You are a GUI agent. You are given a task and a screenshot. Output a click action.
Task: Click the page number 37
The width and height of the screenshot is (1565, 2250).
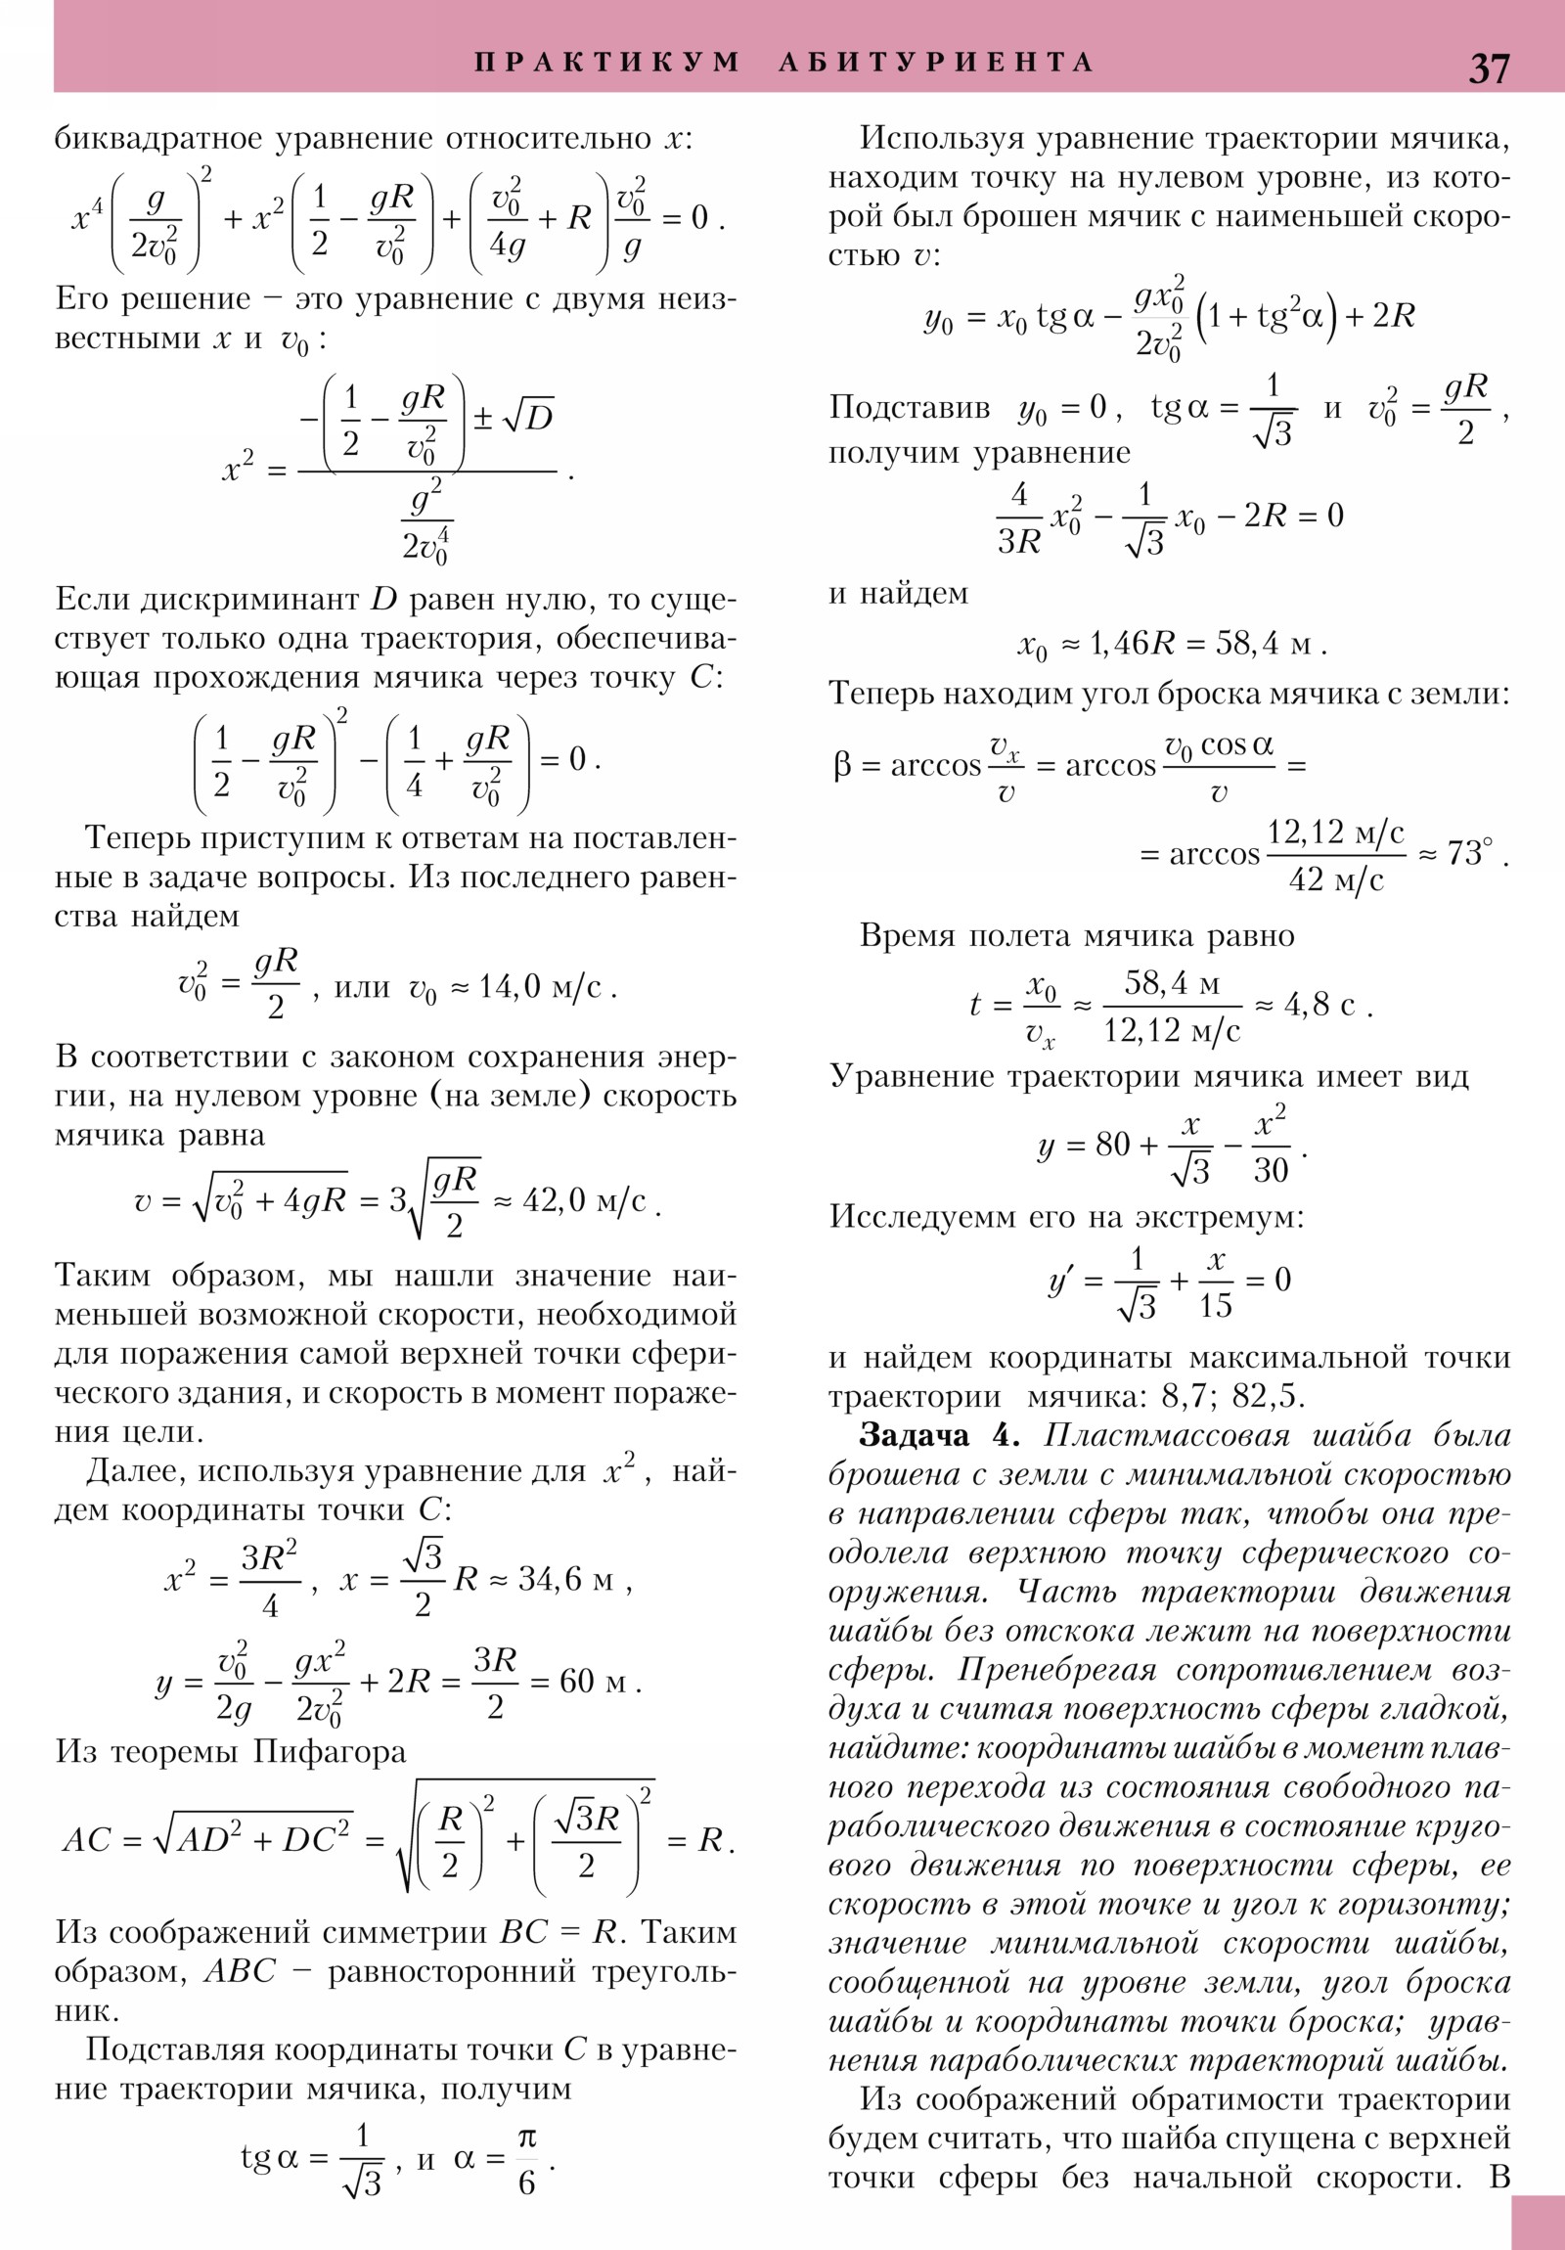1489,68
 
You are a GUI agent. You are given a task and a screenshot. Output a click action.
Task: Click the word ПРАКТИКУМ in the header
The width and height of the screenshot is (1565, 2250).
607,63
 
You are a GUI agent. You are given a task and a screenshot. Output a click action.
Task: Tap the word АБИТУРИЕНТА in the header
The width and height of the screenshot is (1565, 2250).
936,63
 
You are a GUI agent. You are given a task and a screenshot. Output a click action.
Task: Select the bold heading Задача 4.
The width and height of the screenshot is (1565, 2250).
939,1436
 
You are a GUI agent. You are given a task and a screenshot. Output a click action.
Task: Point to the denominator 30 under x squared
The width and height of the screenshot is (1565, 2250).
1271,1169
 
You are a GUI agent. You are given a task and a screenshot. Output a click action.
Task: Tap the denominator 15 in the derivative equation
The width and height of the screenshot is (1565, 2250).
1215,1305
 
